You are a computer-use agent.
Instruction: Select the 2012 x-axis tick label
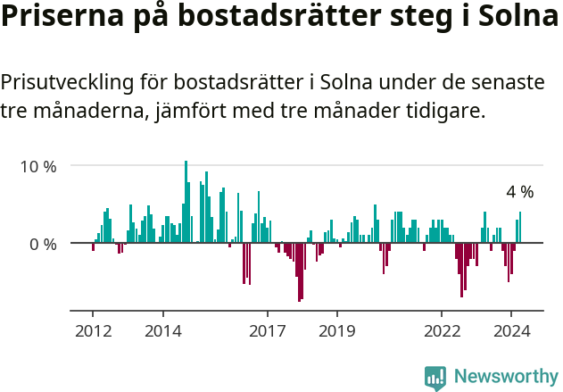[93, 329]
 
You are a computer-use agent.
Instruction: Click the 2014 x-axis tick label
[162, 329]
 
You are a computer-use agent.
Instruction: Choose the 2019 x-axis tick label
[336, 329]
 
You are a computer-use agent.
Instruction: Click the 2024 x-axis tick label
[510, 329]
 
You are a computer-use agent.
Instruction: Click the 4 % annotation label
[520, 192]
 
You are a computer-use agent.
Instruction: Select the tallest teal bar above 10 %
[186, 202]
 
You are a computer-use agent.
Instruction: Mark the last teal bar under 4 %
[520, 227]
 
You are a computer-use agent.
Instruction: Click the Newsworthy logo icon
[435, 378]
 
